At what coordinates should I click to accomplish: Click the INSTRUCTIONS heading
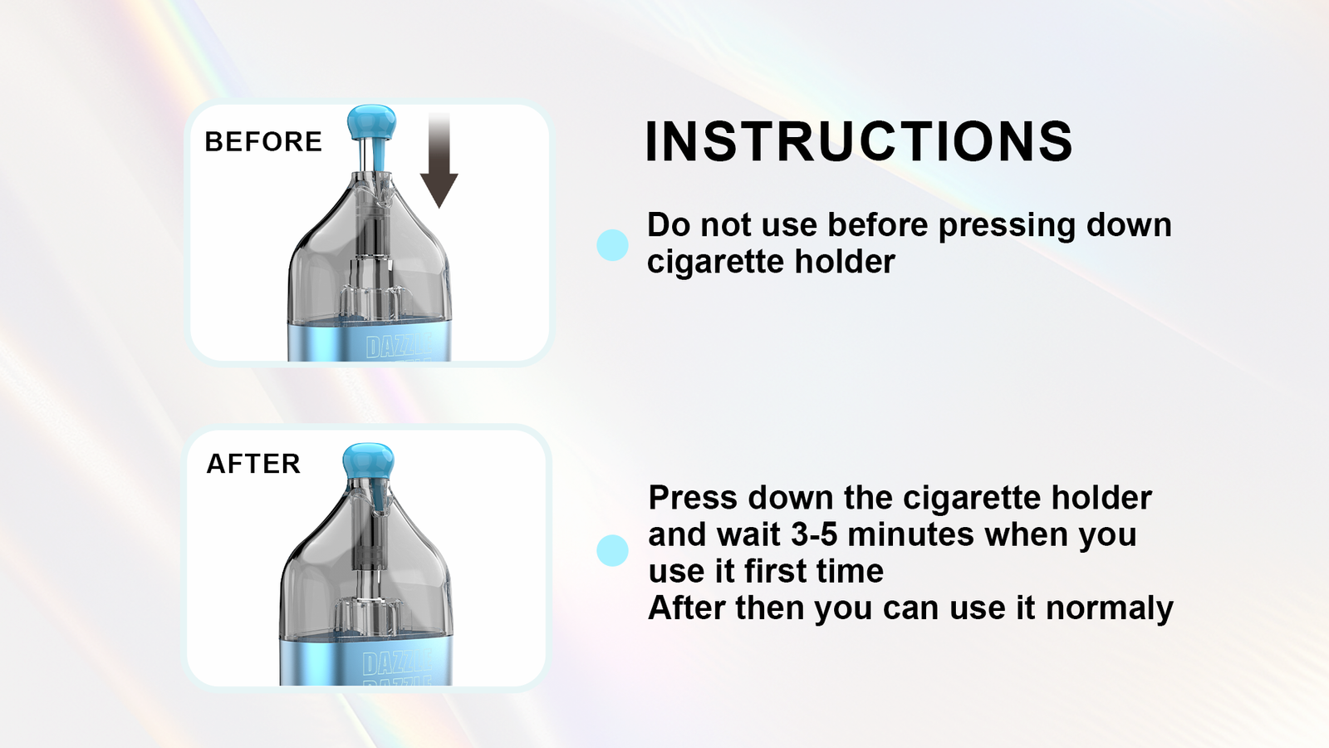coord(859,141)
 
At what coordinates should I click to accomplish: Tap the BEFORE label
coord(263,141)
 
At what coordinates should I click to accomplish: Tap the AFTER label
coord(253,464)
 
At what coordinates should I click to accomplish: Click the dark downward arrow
coord(439,160)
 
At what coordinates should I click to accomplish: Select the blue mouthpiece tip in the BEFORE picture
coord(371,123)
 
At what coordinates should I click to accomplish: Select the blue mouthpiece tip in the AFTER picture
coord(368,461)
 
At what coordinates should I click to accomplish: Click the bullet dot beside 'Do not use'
coord(612,245)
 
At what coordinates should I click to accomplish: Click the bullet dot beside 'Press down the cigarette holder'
coord(612,550)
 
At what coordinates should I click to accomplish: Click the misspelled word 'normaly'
coord(1110,609)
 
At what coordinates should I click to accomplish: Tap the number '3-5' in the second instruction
coord(814,534)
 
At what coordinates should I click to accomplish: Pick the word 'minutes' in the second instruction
coord(910,534)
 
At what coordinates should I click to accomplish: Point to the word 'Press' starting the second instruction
coord(693,498)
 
